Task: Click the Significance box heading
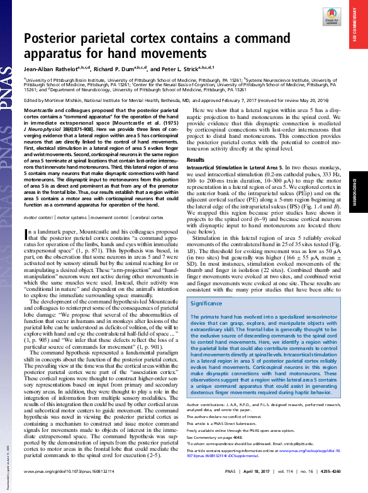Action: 211,303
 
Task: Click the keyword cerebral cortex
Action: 149,198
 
